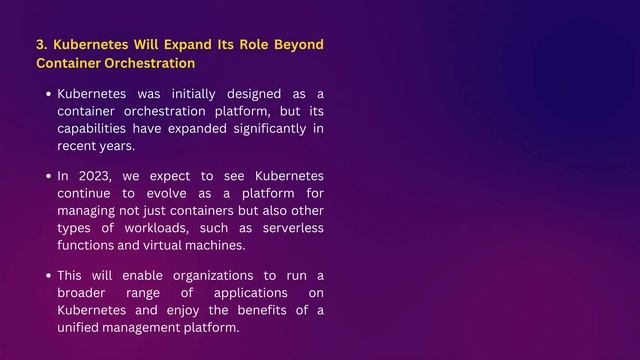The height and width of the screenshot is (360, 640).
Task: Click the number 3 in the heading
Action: pos(40,45)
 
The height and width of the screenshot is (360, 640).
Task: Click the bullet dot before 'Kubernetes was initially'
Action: pos(48,93)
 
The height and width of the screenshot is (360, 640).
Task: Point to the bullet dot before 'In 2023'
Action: pos(48,176)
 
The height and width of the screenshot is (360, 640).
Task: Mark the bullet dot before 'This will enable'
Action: pos(48,275)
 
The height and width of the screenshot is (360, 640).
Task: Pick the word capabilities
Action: pos(95,128)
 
